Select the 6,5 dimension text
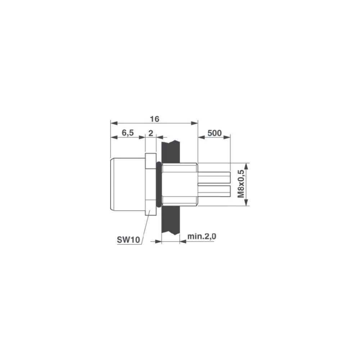(127, 133)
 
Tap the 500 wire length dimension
(214, 133)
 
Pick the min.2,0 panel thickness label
(201, 237)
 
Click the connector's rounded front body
(127, 184)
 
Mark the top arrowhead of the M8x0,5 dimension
(246, 166)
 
